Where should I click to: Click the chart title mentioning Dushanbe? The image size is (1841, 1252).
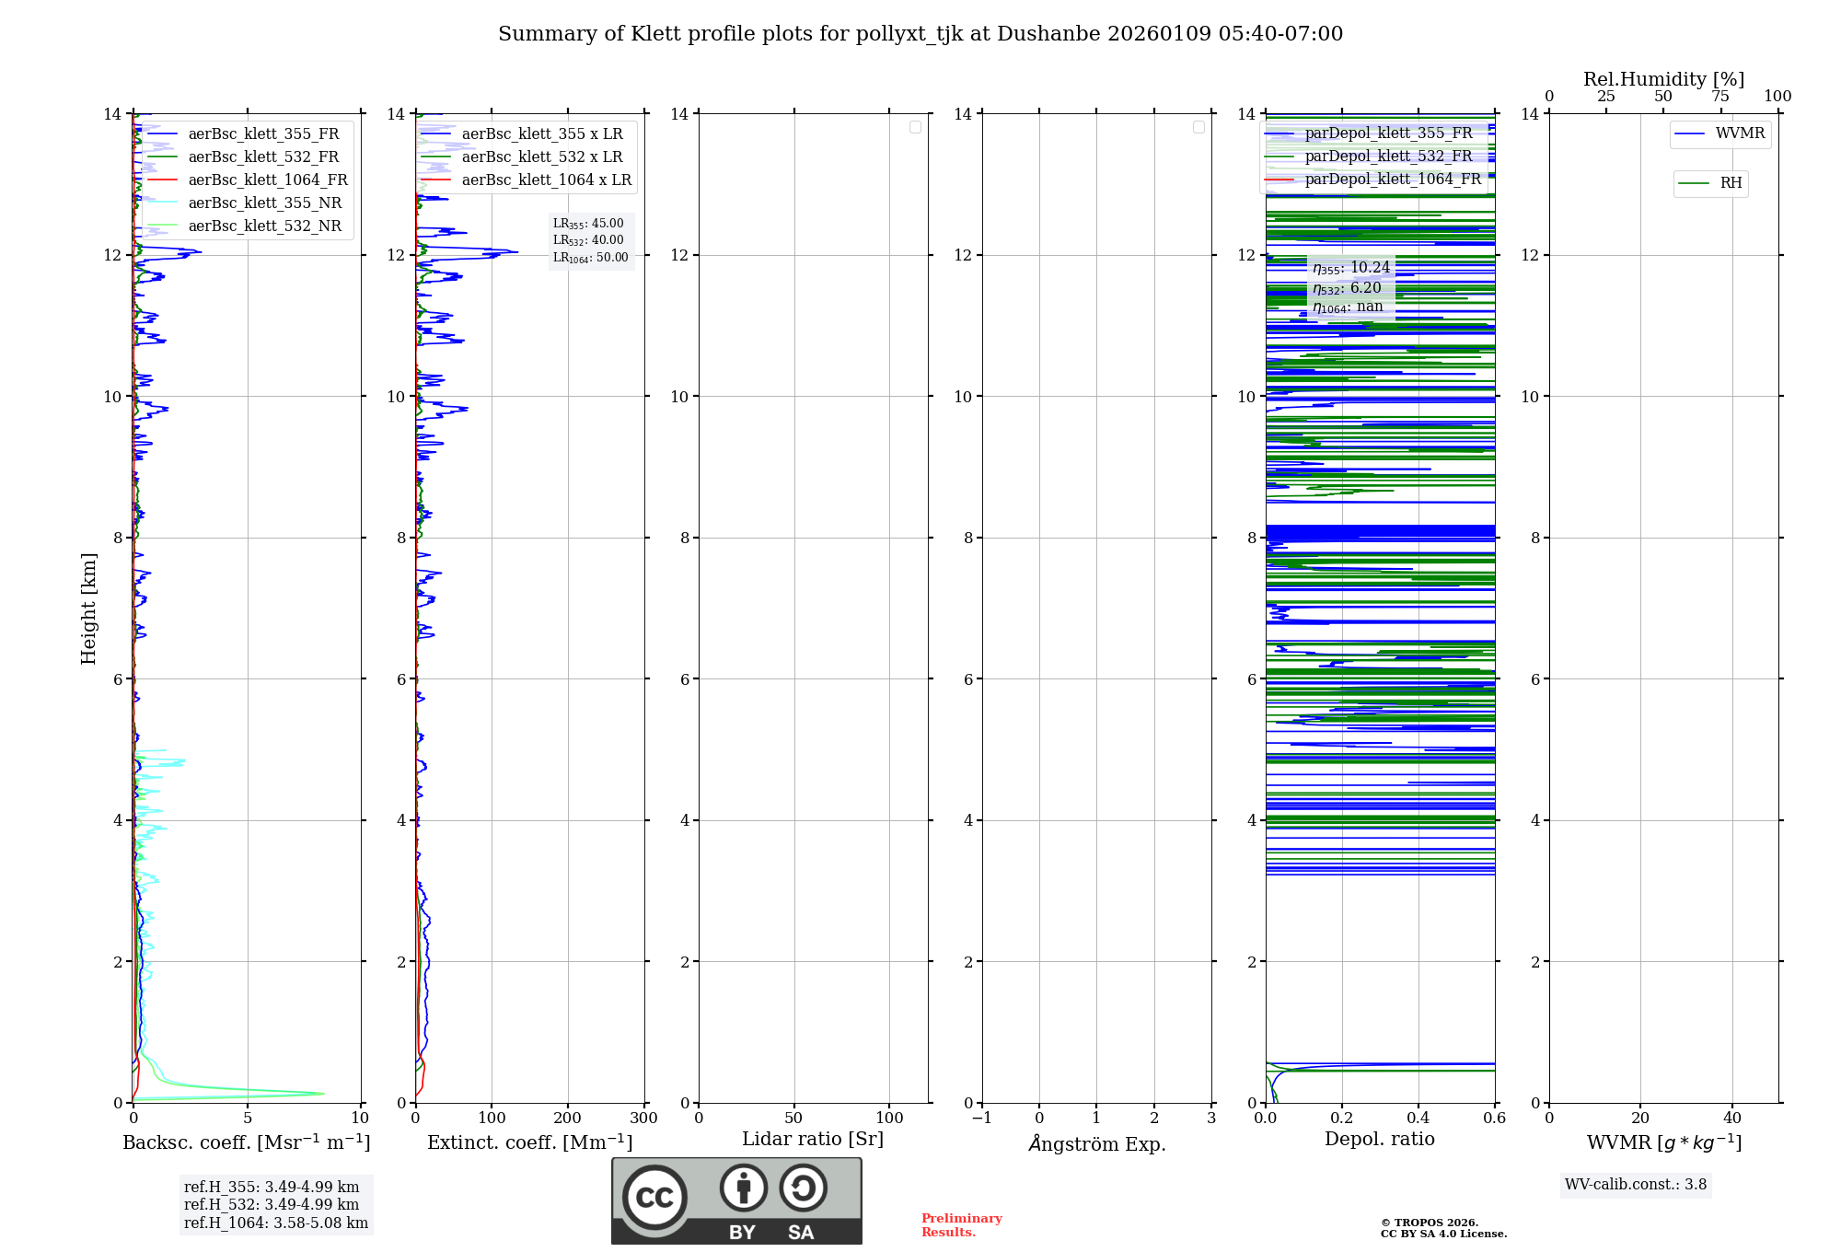(920, 34)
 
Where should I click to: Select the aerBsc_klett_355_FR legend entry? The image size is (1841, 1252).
(263, 134)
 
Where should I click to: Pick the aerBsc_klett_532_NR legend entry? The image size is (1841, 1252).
(264, 226)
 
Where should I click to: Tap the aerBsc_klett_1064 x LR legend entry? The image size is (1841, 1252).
(546, 180)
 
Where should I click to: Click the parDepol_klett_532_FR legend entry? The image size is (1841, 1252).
(1388, 156)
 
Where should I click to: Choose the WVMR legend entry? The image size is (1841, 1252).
(1740, 133)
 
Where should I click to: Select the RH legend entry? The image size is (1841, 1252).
(1731, 183)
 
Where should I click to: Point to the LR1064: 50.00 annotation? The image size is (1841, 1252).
(590, 258)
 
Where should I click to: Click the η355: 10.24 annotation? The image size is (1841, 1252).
(1351, 268)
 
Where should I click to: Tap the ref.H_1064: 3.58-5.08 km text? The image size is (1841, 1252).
(276, 1223)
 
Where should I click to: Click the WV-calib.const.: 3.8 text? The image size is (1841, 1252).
(1636, 1185)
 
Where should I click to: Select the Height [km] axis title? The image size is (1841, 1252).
(88, 609)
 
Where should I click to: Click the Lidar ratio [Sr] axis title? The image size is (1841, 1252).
(813, 1140)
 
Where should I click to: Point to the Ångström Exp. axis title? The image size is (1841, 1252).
(1097, 1144)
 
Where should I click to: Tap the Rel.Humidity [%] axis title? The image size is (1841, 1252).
(1663, 79)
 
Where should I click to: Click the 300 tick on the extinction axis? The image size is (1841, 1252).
(643, 1119)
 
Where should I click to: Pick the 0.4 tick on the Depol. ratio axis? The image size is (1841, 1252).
(1418, 1119)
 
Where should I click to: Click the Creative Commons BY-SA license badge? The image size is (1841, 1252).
(736, 1201)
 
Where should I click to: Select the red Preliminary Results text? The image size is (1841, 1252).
(961, 1225)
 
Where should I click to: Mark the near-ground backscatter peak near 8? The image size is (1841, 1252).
(322, 1094)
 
